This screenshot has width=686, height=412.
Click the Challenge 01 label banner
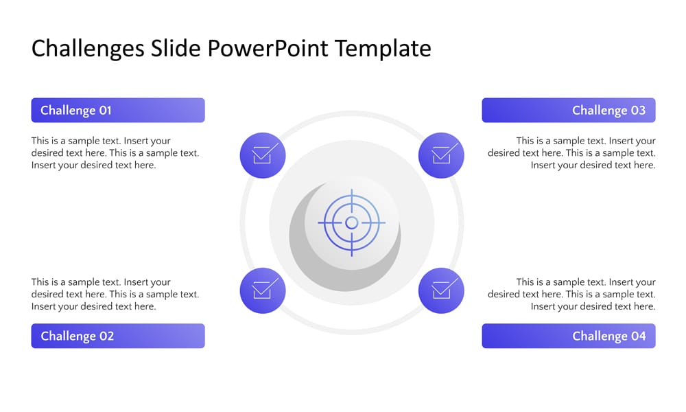tap(117, 110)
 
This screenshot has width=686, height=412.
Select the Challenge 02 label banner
tap(117, 336)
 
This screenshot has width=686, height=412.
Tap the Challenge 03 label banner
tap(568, 110)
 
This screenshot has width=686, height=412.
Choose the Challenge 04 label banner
tap(568, 336)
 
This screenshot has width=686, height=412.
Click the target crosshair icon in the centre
tap(351, 222)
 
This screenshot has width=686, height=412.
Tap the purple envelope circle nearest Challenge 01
tap(263, 155)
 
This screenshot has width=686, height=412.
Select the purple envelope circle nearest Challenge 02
tap(263, 290)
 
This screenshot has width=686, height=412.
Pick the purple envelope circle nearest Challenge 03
tap(441, 155)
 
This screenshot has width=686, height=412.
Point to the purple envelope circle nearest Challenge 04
tap(441, 290)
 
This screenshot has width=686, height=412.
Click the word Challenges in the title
tap(88, 49)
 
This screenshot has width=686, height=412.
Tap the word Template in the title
tap(383, 49)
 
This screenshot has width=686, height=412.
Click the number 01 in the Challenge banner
tap(105, 111)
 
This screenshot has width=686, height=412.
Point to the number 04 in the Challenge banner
tap(638, 336)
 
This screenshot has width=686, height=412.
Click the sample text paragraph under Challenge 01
tap(115, 153)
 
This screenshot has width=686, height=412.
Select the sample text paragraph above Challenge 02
tap(115, 294)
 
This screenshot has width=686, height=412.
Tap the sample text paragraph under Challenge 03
tap(571, 153)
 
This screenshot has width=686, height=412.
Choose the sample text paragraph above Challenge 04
tap(571, 294)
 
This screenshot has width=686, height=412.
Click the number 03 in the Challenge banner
tap(638, 111)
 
